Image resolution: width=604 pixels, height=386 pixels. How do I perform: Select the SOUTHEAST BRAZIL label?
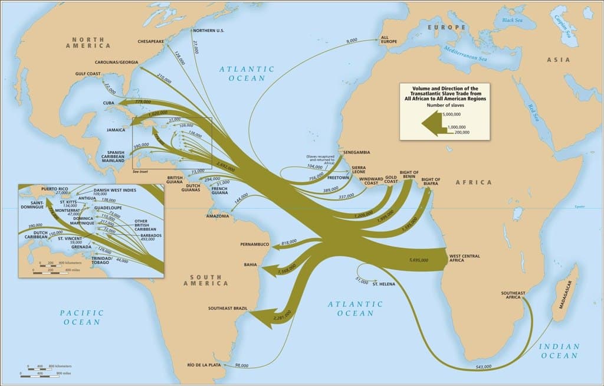pos(227,308)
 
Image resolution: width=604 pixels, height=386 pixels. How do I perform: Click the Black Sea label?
pos(512,21)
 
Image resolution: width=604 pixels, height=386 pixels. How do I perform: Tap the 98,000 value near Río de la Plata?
pos(241,365)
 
